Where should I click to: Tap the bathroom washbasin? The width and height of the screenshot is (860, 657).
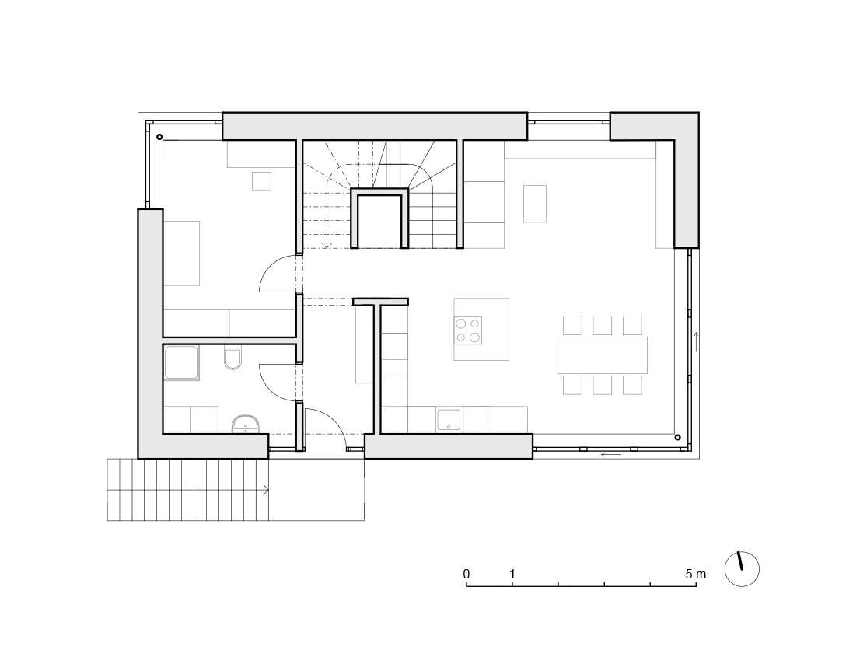(246, 425)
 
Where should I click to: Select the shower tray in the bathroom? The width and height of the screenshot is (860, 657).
(181, 362)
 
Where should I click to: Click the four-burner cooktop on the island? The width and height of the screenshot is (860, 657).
(468, 330)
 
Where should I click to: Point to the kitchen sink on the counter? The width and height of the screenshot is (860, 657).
(449, 420)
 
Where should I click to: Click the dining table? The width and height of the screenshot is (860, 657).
(602, 355)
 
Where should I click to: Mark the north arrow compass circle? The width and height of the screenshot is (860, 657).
(742, 569)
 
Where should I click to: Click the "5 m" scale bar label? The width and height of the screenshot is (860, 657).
(695, 574)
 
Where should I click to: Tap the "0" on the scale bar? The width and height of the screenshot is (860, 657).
(467, 574)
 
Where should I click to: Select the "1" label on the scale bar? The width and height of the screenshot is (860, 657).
(512, 574)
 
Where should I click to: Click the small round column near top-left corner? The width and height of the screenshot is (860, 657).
(159, 137)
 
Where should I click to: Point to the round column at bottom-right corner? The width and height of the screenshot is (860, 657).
(678, 437)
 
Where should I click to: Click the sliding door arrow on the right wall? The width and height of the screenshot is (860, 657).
(697, 341)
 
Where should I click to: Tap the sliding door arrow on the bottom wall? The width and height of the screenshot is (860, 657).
(611, 454)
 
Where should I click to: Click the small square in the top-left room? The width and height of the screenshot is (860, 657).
(261, 181)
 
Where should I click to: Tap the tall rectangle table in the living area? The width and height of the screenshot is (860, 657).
(535, 204)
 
